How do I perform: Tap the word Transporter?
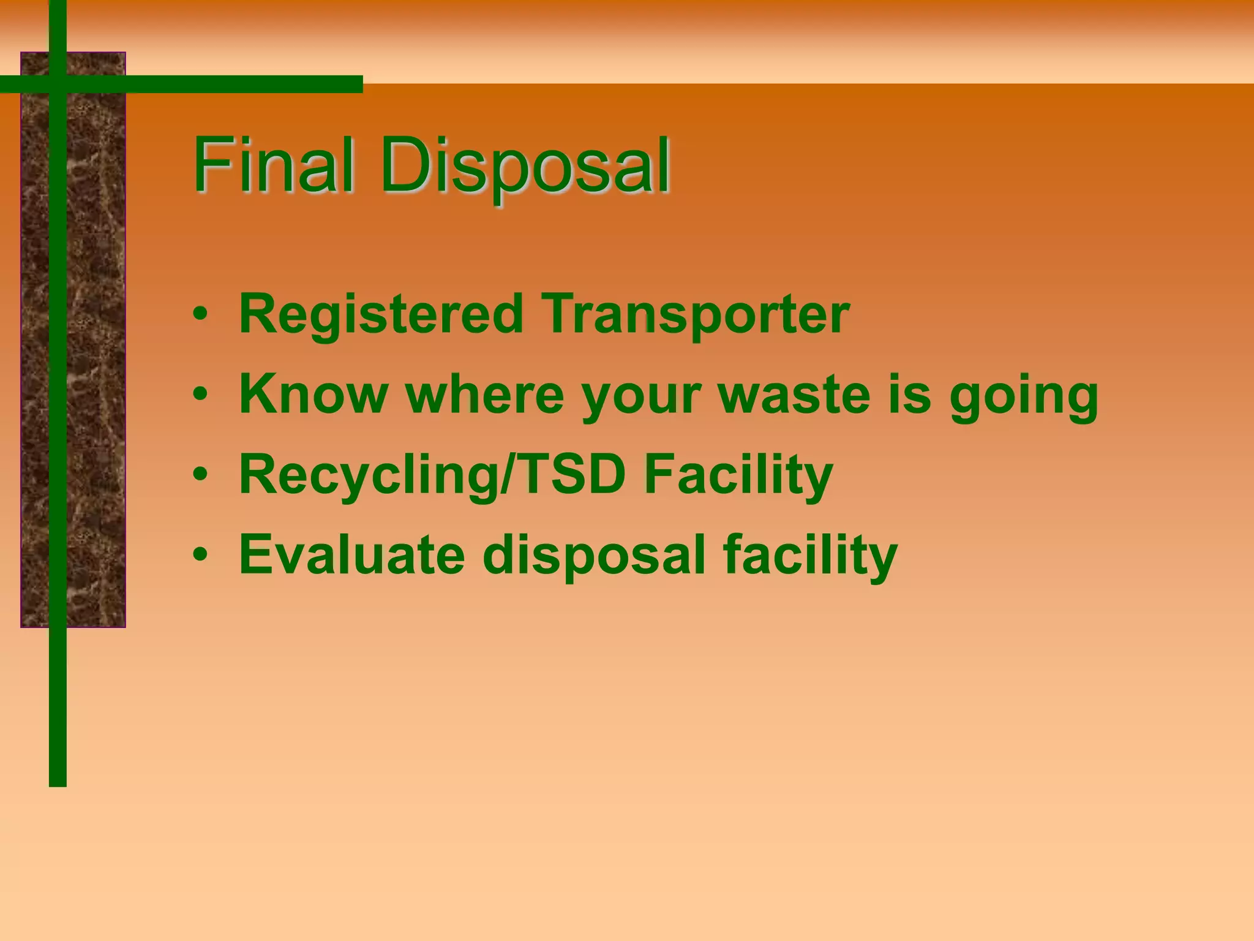[696, 314]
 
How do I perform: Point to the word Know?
[313, 395]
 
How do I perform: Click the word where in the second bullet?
[484, 395]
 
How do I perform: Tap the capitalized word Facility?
[738, 475]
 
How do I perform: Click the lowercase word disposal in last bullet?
[594, 556]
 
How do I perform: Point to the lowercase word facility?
[809, 556]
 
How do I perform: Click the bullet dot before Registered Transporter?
[200, 315]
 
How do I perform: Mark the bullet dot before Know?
[200, 395]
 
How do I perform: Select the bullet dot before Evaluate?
[200, 555]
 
